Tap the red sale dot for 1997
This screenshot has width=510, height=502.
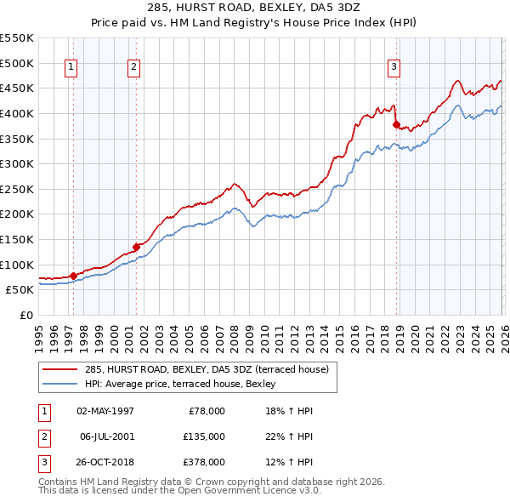[73, 276]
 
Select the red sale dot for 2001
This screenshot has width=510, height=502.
[136, 247]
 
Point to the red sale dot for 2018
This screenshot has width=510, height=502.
[396, 124]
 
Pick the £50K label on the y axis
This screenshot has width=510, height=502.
[20, 289]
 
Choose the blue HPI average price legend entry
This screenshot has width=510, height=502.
[179, 384]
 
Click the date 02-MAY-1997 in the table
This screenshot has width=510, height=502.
[105, 411]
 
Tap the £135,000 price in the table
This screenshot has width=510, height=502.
[204, 436]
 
